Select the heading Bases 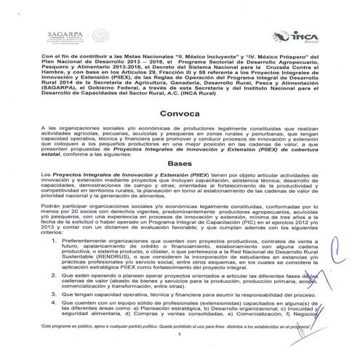click(x=179, y=183)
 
